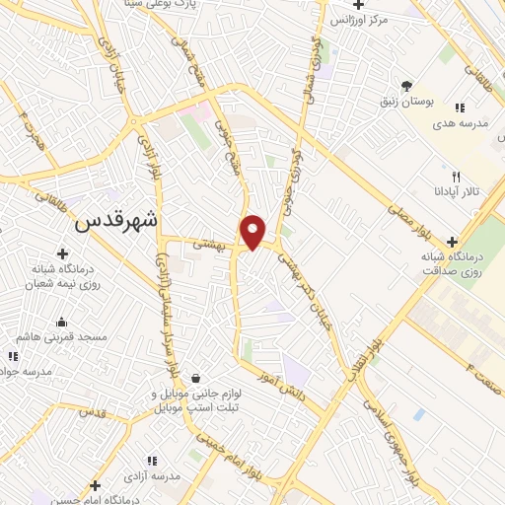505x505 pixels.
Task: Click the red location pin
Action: [x=253, y=231]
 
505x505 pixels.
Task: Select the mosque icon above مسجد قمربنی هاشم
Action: [x=63, y=321]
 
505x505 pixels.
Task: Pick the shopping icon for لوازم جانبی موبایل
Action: [x=195, y=378]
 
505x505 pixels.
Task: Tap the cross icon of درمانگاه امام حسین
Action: [x=95, y=485]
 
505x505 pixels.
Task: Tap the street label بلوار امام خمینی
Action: [x=236, y=459]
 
